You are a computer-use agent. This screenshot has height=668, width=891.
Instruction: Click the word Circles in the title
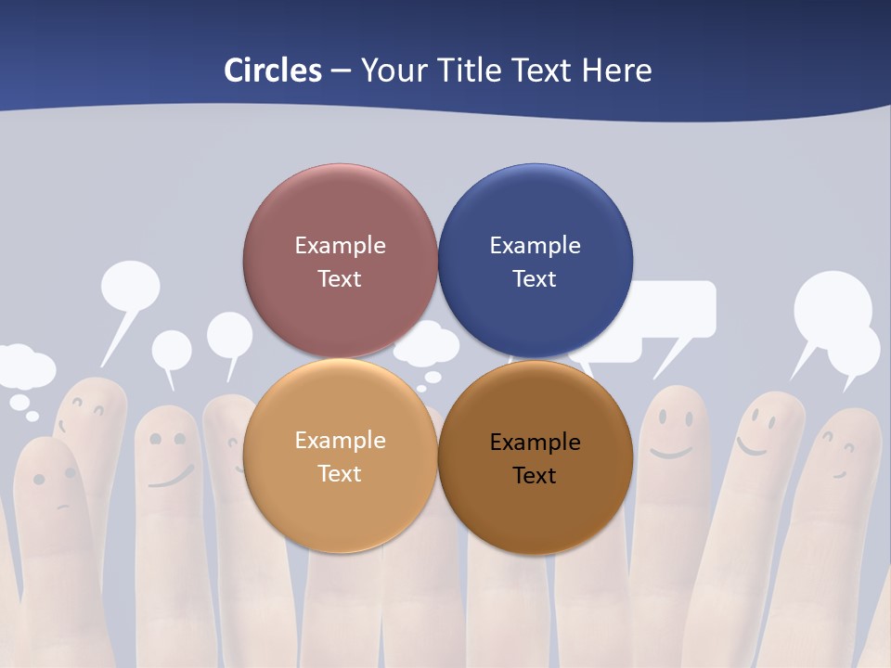pos(273,71)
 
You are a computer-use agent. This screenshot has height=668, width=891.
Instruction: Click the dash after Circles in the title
pos(341,71)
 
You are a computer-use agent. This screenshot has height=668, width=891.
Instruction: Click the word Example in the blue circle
pos(535,246)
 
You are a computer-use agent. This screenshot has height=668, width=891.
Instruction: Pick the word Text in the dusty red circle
pos(340,279)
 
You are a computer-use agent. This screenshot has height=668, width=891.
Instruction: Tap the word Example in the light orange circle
pos(340,441)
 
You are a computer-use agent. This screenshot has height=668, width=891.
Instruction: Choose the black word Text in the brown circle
pos(535,476)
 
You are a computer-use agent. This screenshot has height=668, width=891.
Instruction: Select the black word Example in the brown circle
pos(535,443)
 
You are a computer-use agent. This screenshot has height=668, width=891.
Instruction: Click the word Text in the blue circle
pos(535,279)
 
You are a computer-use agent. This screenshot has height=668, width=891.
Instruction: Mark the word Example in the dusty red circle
pos(340,246)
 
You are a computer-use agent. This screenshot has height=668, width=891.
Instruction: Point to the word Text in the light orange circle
pos(340,474)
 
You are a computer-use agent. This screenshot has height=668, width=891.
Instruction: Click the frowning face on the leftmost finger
pos(55,487)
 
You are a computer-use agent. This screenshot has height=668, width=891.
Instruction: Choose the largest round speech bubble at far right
pos(832,306)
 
